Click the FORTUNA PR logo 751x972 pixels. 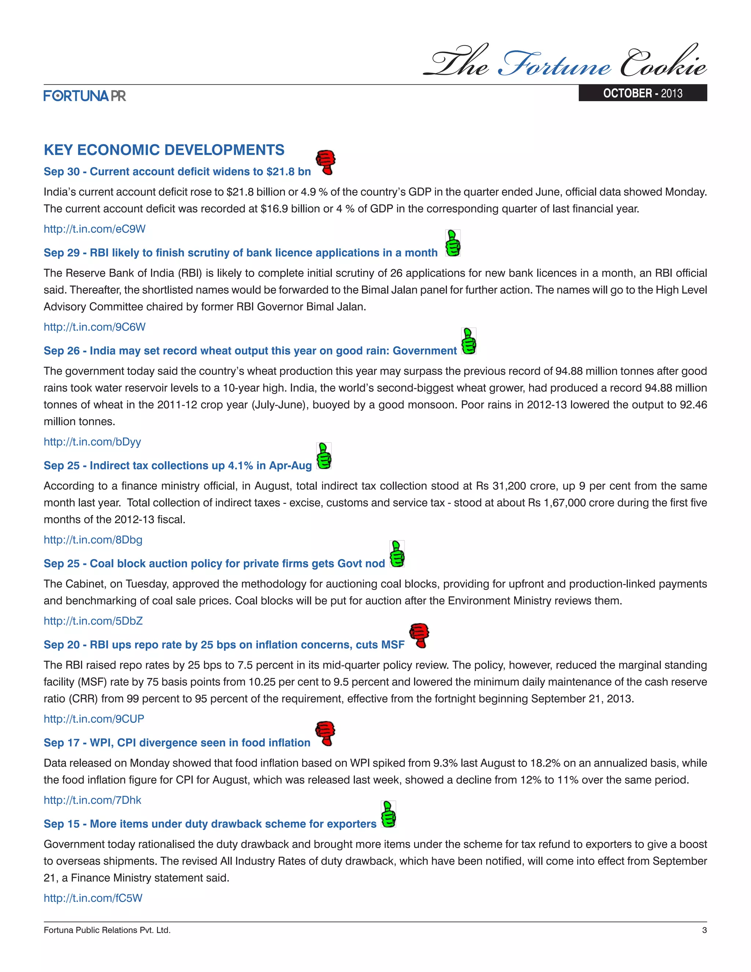[x=85, y=96]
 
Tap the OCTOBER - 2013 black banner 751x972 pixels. [x=642, y=93]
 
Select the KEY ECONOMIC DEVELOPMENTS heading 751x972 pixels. [x=164, y=150]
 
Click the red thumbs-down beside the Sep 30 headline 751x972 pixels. [x=326, y=162]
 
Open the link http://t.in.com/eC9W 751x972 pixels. [x=94, y=229]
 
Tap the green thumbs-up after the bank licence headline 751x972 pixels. [x=453, y=243]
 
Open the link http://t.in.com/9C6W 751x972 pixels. [x=94, y=327]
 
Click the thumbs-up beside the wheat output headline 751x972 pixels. [x=469, y=341]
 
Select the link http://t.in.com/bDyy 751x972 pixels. [x=92, y=442]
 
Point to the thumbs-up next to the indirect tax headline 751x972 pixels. [x=323, y=456]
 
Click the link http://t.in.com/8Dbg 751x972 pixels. [x=93, y=540]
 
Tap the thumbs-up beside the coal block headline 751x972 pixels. [x=397, y=553]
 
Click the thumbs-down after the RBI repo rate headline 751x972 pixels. [x=419, y=635]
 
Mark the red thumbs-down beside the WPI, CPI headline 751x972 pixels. [x=325, y=733]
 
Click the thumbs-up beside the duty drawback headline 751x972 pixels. [x=388, y=814]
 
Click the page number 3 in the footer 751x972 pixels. [x=704, y=930]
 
